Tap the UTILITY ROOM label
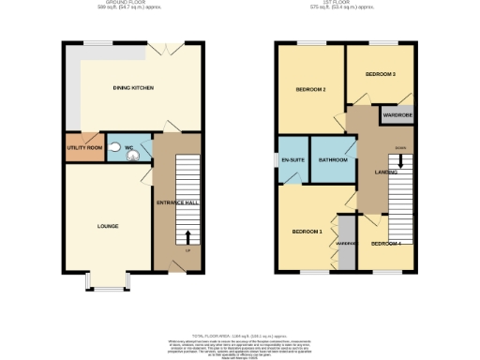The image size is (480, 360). click(83, 149)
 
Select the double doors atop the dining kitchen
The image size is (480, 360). click(167, 47)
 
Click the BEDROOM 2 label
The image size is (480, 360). click(310, 90)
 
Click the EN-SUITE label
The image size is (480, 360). click(292, 160)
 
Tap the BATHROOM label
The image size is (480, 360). click(333, 160)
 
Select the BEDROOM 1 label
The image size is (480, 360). click(307, 232)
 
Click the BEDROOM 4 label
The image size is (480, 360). click(385, 244)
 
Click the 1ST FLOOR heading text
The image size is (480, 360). click(344, 4)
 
